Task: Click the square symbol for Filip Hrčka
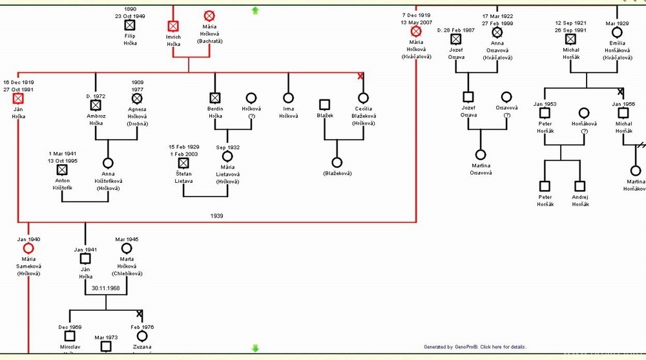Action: click(x=130, y=25)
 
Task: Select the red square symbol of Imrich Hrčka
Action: click(x=173, y=26)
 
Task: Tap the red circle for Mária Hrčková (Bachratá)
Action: click(x=209, y=16)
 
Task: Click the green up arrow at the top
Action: click(x=255, y=10)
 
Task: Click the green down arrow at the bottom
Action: click(x=255, y=348)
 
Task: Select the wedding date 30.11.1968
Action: click(x=105, y=288)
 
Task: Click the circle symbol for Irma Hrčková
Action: click(x=288, y=98)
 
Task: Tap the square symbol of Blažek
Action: click(x=324, y=103)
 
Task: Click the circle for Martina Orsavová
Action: click(x=480, y=154)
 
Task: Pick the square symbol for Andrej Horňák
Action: click(x=580, y=185)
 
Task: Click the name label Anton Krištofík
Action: click(x=62, y=184)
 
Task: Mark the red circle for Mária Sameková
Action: click(x=28, y=248)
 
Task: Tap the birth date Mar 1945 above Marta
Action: click(x=127, y=239)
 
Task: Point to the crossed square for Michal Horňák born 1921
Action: click(x=570, y=39)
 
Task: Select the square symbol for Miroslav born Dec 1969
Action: click(x=70, y=335)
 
